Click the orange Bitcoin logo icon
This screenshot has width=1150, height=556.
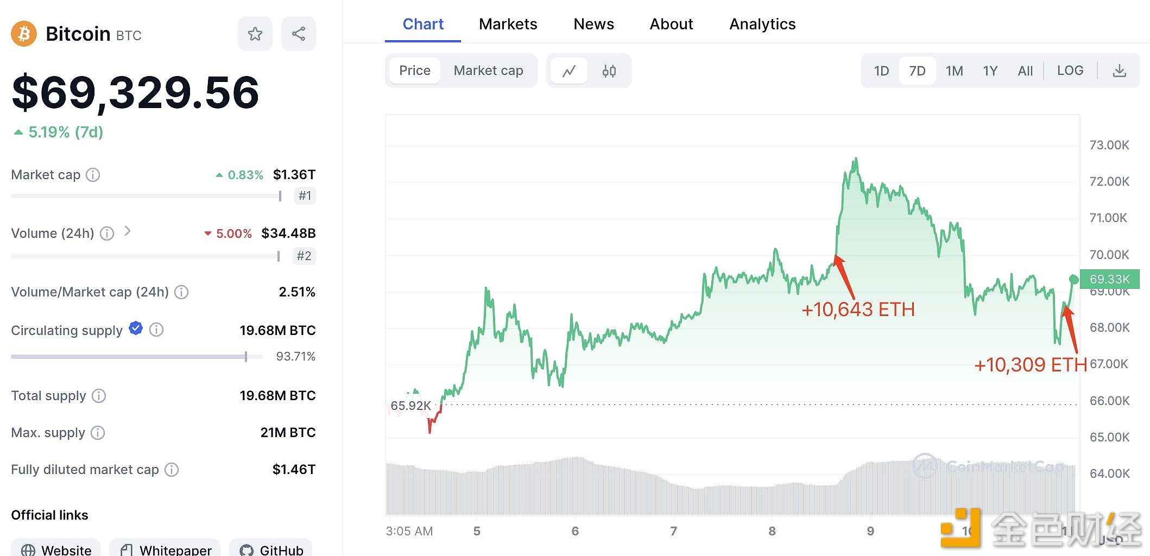[24, 34]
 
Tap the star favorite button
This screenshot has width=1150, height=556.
[255, 34]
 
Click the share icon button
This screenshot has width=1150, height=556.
[298, 34]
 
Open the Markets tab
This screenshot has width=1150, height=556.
[508, 24]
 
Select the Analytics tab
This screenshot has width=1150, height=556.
[762, 24]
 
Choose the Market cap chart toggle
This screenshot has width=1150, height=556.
[488, 71]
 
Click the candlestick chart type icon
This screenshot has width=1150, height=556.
[609, 71]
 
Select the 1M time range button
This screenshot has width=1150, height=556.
[954, 71]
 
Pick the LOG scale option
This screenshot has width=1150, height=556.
[1070, 71]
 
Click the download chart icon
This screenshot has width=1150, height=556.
[1119, 71]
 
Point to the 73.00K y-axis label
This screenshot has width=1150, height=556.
[1109, 145]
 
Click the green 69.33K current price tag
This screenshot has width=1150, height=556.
[1109, 279]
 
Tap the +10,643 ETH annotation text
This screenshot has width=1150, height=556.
[858, 309]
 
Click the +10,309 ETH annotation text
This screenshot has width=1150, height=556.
[1030, 365]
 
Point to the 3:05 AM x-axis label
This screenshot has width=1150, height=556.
[409, 531]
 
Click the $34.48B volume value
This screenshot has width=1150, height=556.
[288, 233]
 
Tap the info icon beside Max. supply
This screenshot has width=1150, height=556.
[98, 433]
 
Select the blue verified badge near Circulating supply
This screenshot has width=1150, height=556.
[136, 328]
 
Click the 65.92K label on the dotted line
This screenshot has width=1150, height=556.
[410, 406]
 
